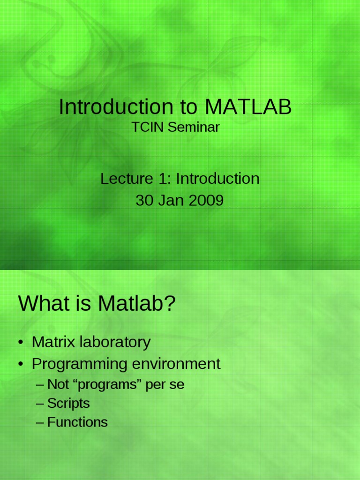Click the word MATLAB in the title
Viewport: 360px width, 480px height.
coord(248,107)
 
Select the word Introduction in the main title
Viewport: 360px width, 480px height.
coord(116,107)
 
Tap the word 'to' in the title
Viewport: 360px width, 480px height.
coord(188,107)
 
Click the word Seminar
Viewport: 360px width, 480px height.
coord(194,127)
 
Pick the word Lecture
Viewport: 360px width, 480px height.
coord(127,179)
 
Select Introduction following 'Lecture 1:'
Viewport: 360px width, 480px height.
coord(217,179)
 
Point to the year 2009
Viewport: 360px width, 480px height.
coord(206,201)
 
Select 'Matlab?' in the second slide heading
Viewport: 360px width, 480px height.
coord(136,303)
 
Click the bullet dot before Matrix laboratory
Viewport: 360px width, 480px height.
coord(21,342)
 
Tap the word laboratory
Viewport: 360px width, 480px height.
coord(115,342)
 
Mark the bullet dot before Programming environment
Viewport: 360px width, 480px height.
coord(21,364)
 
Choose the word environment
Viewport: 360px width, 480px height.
coord(176,364)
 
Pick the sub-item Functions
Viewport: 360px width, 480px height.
coord(77,422)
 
